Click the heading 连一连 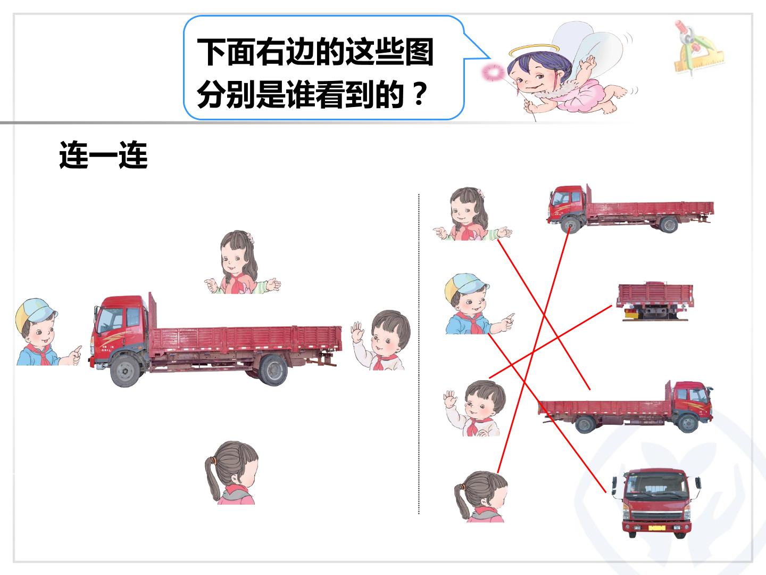(103, 155)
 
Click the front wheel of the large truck (126, 371)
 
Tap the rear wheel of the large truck (273, 370)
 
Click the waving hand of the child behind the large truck (357, 331)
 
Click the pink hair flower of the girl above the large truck (250, 238)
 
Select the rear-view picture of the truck (654, 301)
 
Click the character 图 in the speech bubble (419, 52)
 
